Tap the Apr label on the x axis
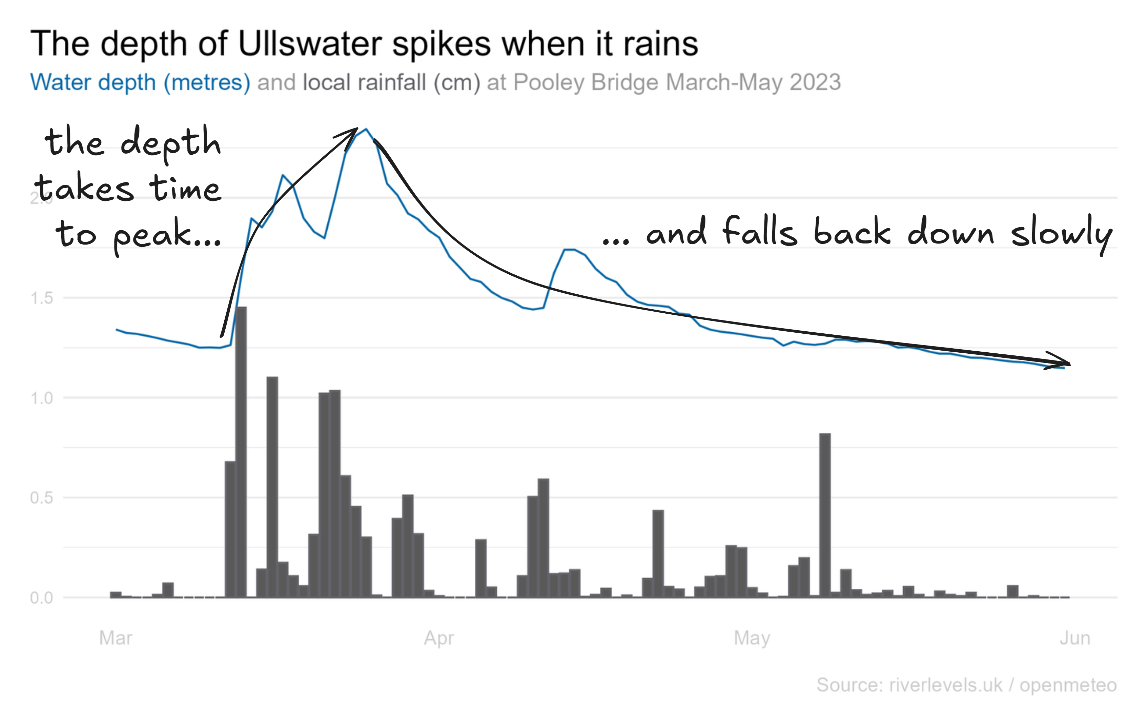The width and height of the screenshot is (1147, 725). click(439, 638)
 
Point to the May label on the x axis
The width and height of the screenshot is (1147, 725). click(752, 638)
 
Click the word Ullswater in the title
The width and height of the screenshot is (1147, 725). click(310, 44)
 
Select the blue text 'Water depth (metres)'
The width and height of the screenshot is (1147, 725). click(140, 82)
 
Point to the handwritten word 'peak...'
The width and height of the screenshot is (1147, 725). click(167, 235)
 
